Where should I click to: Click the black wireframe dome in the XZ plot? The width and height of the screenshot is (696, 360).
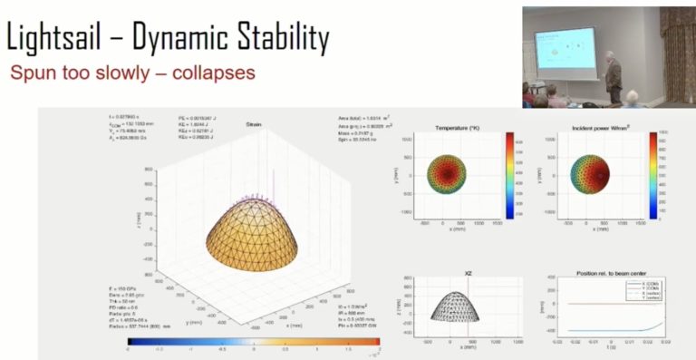coord(449,308)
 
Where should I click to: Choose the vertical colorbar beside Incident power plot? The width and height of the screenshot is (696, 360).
coord(654,176)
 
